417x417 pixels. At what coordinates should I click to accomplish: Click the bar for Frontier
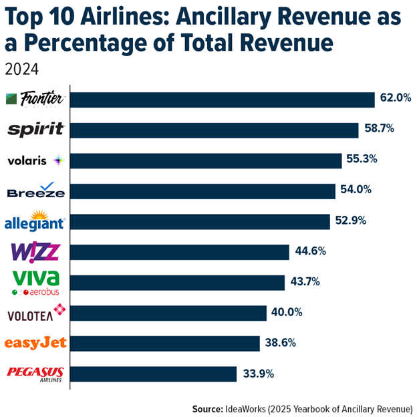click(x=222, y=100)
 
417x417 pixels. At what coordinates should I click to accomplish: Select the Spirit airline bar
click(x=214, y=130)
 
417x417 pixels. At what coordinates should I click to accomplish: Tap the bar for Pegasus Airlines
click(x=153, y=374)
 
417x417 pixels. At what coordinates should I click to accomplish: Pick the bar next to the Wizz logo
click(x=180, y=252)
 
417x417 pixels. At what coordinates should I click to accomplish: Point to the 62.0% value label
click(x=396, y=99)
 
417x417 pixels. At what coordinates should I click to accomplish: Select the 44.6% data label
click(x=311, y=252)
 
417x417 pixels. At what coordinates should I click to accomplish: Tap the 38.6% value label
click(x=281, y=343)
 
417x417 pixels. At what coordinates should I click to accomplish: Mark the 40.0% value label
click(x=288, y=312)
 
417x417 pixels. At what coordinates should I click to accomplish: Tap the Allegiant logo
click(x=35, y=221)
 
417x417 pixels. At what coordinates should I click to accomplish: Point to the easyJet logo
click(x=35, y=343)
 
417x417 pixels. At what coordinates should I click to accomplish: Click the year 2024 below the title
click(x=21, y=67)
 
